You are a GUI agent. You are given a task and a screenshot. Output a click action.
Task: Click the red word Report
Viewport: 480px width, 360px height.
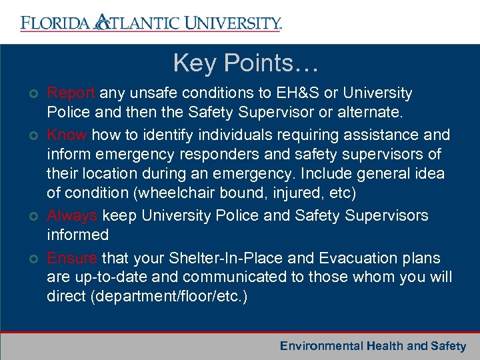pyautogui.click(x=71, y=93)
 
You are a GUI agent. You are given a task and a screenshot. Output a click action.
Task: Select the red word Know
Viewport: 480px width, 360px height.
pyautogui.click(x=67, y=135)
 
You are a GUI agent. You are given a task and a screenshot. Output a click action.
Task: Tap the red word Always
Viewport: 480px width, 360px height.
pyautogui.click(x=72, y=216)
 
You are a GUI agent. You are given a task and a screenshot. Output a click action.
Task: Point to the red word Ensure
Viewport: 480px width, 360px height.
pyautogui.click(x=72, y=257)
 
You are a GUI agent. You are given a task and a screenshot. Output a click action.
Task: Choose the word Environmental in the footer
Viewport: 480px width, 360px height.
pyautogui.click(x=321, y=345)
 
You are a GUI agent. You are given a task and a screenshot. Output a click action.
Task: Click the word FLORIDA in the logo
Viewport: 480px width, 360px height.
pyautogui.click(x=55, y=23)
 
